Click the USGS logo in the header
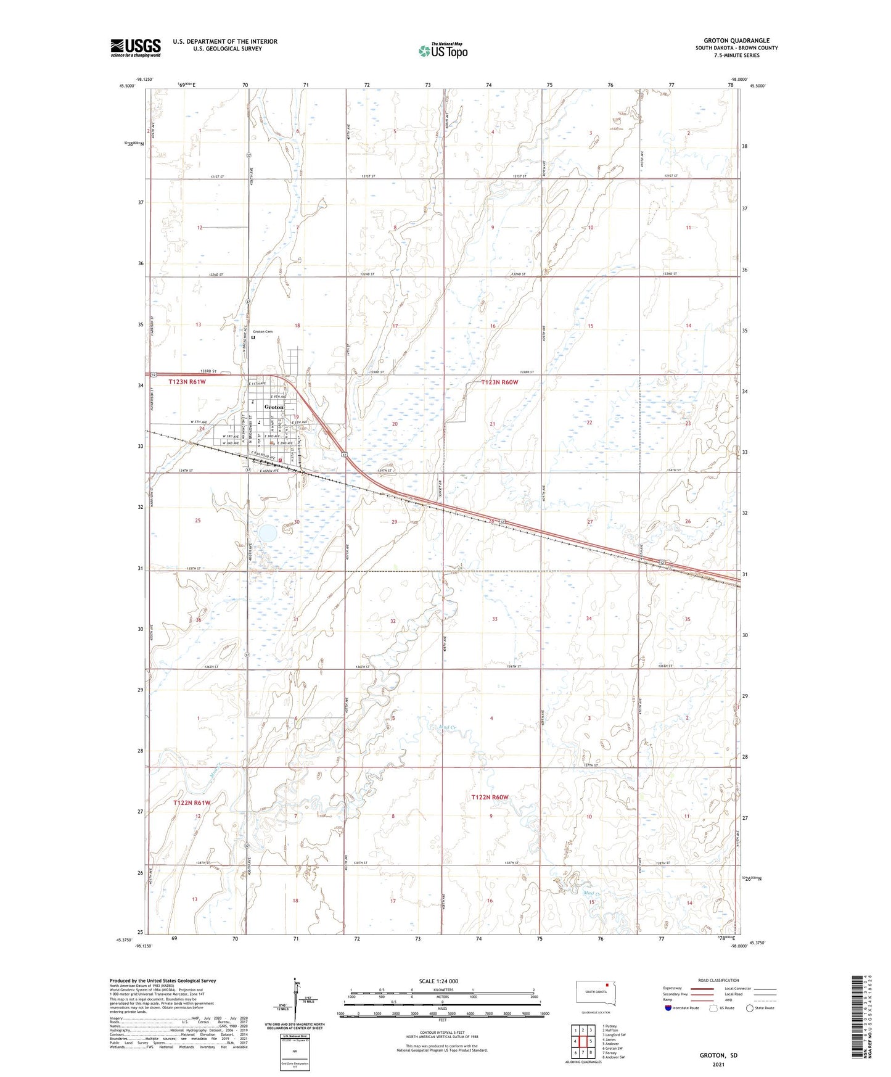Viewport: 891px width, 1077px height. point(135,47)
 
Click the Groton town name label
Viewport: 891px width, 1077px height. point(274,407)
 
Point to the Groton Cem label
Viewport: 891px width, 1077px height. point(262,332)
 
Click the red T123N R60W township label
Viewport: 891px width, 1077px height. point(499,382)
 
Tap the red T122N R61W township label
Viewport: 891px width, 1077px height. point(192,803)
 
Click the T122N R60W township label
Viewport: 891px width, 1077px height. point(490,798)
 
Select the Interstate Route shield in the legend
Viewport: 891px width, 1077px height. point(669,1008)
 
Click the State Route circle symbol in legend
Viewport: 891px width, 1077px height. point(750,1008)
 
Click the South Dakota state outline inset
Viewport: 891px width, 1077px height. point(595,992)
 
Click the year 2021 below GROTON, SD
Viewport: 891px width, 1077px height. point(718,1064)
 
